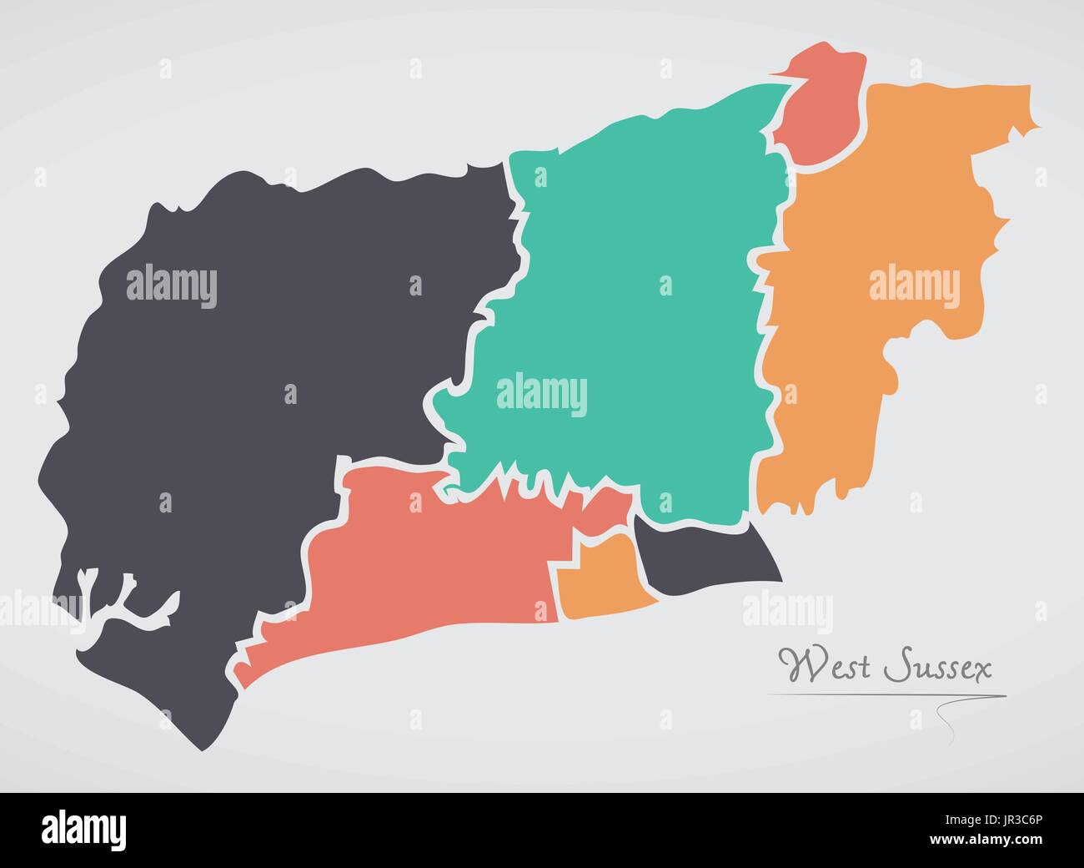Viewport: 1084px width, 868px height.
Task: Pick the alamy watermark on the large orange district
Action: point(914,284)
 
